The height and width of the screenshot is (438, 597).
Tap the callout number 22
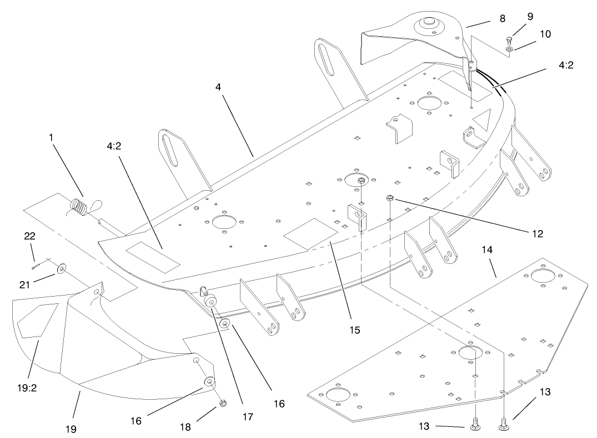[29, 236]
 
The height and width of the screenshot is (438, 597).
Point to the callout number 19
[71, 429]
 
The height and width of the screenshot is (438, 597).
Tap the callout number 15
[354, 330]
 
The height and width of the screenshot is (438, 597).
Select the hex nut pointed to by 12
[389, 197]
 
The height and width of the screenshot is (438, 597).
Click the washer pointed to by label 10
[510, 50]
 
